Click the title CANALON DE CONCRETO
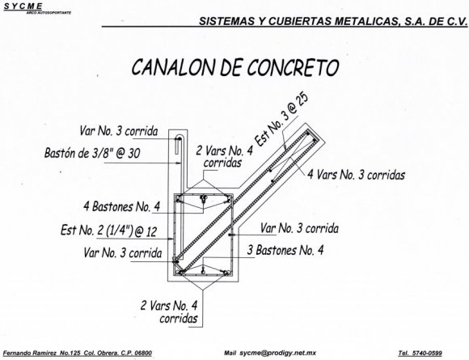[235, 67]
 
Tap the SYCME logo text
[23, 6]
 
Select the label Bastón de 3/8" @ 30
[92, 153]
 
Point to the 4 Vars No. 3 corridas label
[357, 175]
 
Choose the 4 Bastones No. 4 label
[122, 207]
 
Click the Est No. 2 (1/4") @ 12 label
[109, 231]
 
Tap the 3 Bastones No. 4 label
[285, 250]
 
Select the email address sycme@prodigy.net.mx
[278, 353]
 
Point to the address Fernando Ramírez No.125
[42, 353]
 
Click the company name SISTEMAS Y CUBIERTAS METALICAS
[299, 21]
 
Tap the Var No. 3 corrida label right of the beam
[299, 229]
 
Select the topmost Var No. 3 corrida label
[119, 131]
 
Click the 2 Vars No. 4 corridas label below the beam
[169, 312]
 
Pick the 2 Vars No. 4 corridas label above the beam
[224, 157]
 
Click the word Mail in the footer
[230, 353]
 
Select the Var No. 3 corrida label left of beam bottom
[123, 253]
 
